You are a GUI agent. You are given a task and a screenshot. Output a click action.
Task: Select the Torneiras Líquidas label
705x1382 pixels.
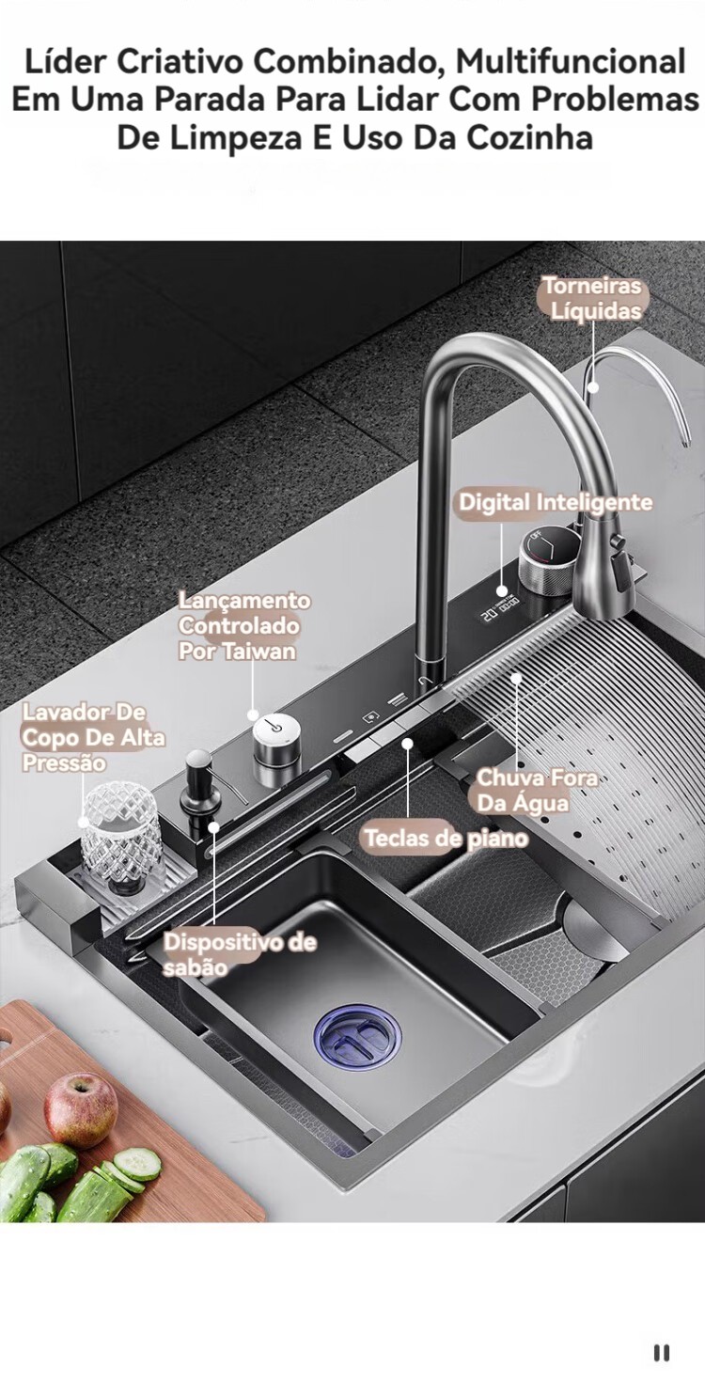(x=591, y=299)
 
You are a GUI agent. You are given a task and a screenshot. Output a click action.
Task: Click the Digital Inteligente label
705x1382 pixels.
(x=556, y=502)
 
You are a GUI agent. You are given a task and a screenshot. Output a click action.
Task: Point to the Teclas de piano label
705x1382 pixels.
(x=446, y=838)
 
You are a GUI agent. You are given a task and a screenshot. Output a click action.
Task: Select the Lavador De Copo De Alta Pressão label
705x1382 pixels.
(x=93, y=737)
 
